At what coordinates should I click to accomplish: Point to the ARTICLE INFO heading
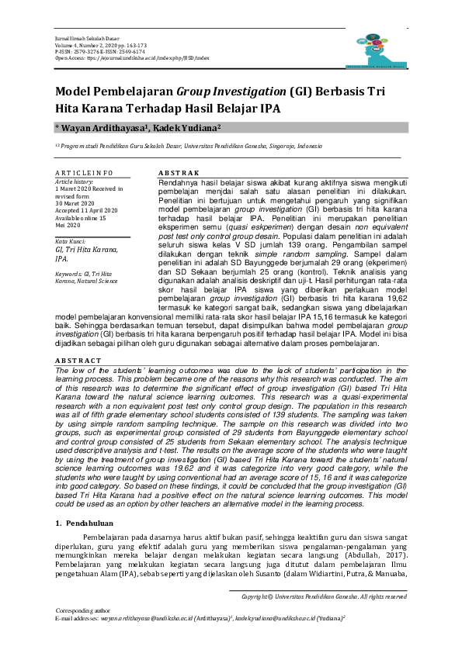(x=84, y=172)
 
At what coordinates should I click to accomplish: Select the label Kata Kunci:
(x=70, y=243)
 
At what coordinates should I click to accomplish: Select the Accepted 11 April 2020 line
(x=86, y=211)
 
